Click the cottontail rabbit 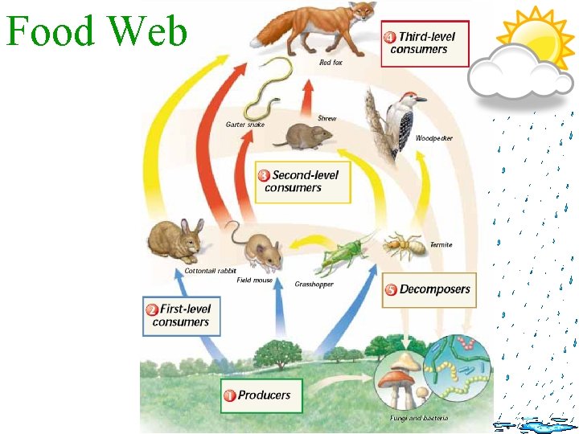tap(175, 240)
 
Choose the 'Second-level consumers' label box tap(303, 182)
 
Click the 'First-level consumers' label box tap(180, 316)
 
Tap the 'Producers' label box tap(261, 395)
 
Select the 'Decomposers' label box tap(427, 289)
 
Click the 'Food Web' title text tap(96, 32)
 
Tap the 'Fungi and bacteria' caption tap(419, 418)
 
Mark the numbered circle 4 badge tap(390, 37)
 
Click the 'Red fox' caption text tap(331, 62)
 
